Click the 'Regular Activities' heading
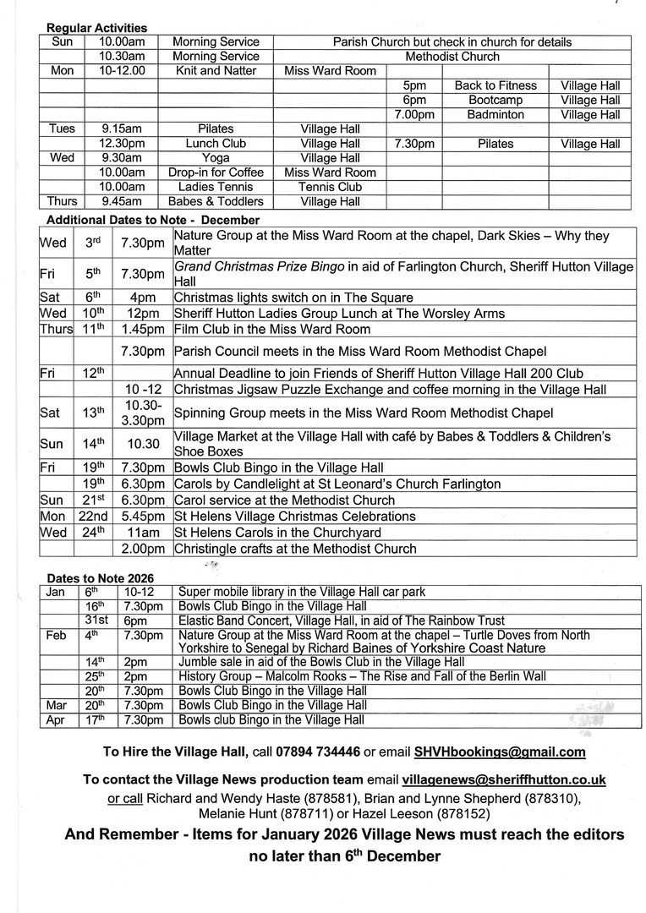coord(96,28)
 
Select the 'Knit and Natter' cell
coord(216,71)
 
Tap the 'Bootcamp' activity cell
coord(495,100)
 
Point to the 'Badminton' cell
coord(495,114)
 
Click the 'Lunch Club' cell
coord(216,144)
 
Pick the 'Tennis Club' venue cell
coord(331,187)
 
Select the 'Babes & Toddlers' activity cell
coord(216,201)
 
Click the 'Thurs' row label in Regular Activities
coord(63,201)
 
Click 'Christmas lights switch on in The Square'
coord(293,297)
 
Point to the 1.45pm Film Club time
coord(142,329)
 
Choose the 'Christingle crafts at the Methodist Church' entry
coord(294,549)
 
